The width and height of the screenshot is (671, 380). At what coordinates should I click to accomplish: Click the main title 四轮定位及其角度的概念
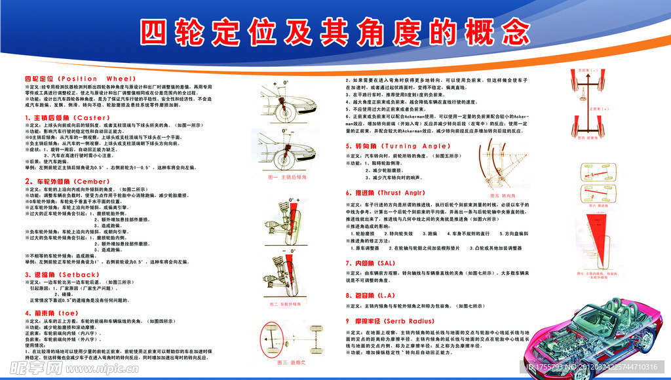point(335,31)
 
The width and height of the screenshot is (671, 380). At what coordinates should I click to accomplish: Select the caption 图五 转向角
point(504,195)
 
